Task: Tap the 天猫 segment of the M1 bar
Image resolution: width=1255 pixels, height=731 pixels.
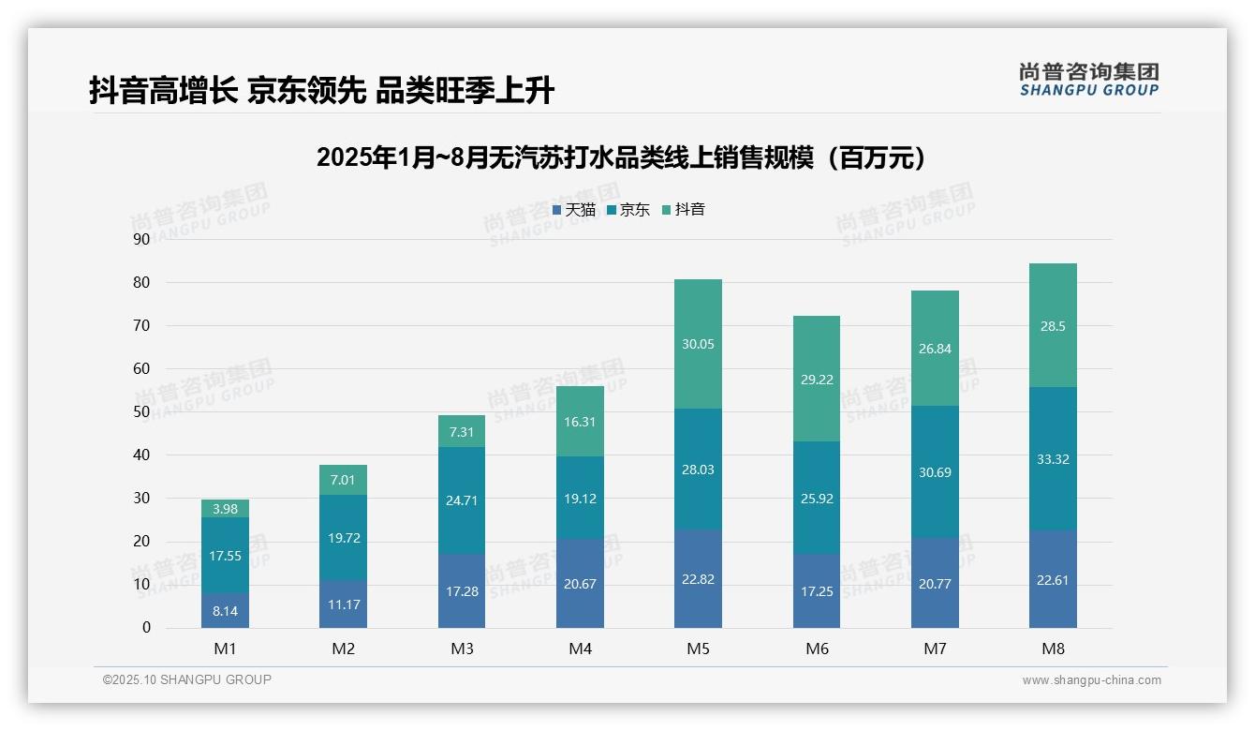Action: pyautogui.click(x=225, y=610)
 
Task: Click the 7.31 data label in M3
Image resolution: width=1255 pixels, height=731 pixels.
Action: pyautogui.click(x=462, y=432)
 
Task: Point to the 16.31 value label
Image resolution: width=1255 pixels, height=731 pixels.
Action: pyautogui.click(x=580, y=422)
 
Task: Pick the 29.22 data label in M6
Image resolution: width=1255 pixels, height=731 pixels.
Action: pyautogui.click(x=817, y=380)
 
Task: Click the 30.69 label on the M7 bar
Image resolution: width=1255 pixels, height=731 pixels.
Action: pyautogui.click(x=935, y=472)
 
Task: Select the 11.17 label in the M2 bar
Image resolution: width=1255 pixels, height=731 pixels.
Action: pyautogui.click(x=344, y=604)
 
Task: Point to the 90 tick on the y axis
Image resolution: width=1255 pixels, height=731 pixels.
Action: pyautogui.click(x=141, y=239)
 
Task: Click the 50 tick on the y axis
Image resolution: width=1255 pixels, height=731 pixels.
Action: pyautogui.click(x=141, y=411)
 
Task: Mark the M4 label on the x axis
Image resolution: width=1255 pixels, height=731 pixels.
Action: pyautogui.click(x=580, y=649)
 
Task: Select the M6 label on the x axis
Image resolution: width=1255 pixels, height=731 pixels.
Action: pyautogui.click(x=817, y=649)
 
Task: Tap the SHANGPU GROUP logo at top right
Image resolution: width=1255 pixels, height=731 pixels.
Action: pyautogui.click(x=1088, y=79)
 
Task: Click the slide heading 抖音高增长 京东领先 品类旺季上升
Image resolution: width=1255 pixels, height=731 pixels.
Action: pyautogui.click(x=321, y=90)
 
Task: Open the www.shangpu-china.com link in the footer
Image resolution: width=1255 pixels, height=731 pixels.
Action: pyautogui.click(x=1091, y=680)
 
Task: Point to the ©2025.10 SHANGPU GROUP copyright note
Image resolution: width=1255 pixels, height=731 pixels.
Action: pyautogui.click(x=187, y=679)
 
